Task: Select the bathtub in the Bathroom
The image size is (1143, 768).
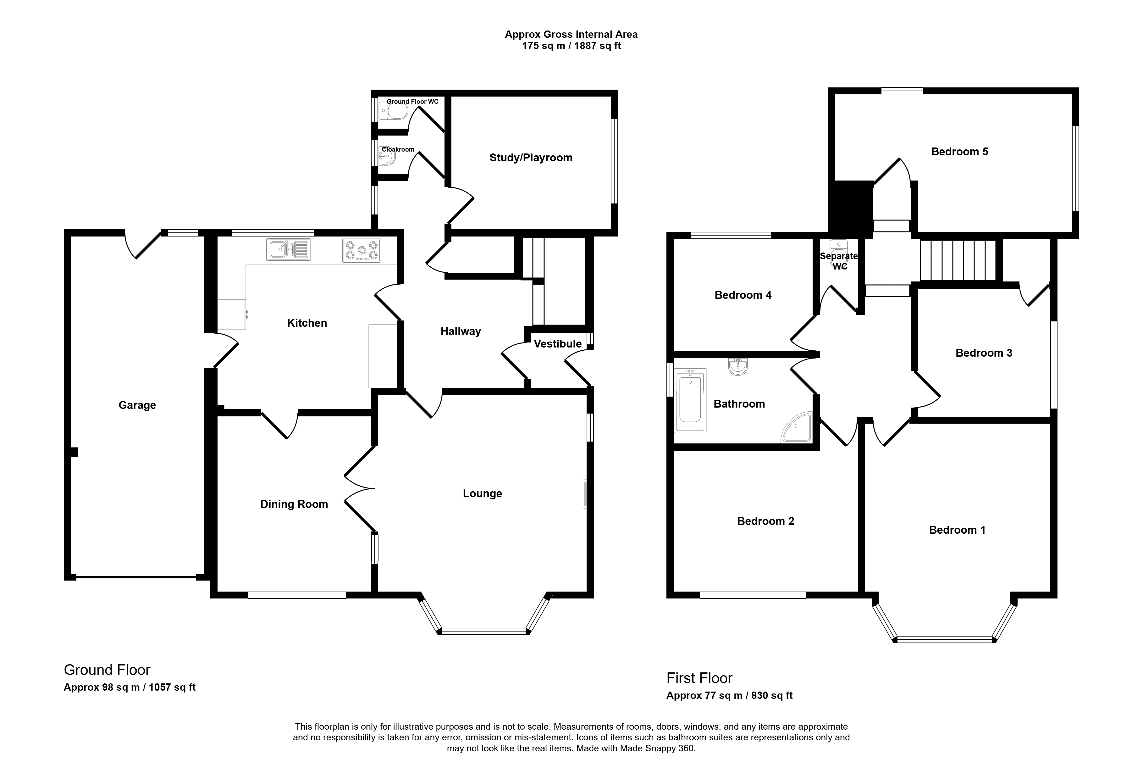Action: pyautogui.click(x=691, y=401)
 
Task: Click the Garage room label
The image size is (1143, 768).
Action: pyautogui.click(x=137, y=405)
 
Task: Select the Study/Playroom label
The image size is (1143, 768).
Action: pyautogui.click(x=531, y=158)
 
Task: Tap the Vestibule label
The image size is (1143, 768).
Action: pyautogui.click(x=558, y=344)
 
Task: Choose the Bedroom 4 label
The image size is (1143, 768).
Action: pyautogui.click(x=743, y=295)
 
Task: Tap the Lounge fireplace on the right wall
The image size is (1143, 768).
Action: pyautogui.click(x=583, y=494)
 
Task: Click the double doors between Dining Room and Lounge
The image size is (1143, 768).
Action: pyautogui.click(x=360, y=488)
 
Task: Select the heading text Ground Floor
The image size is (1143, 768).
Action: pyautogui.click(x=107, y=670)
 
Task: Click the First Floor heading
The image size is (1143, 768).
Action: pyautogui.click(x=699, y=678)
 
